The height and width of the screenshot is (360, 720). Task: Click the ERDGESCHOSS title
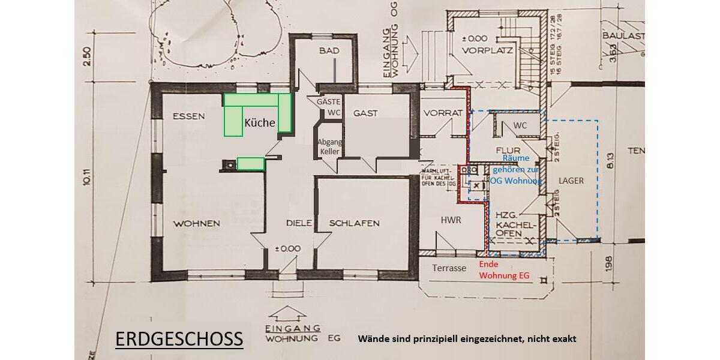click(x=179, y=338)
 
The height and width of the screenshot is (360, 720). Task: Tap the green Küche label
click(x=259, y=123)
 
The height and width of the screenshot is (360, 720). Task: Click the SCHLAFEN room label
click(x=354, y=223)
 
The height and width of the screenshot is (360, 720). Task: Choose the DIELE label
click(x=299, y=223)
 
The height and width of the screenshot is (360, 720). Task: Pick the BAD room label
click(x=329, y=51)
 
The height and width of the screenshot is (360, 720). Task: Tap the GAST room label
click(x=365, y=113)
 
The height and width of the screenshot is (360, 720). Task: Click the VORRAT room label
click(x=443, y=113)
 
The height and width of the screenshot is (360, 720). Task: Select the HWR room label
click(x=451, y=220)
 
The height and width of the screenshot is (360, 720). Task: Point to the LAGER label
click(x=571, y=180)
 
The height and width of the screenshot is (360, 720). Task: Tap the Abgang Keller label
click(x=329, y=147)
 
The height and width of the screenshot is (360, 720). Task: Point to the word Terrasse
click(x=449, y=268)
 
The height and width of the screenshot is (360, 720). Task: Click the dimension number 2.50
click(x=87, y=57)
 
